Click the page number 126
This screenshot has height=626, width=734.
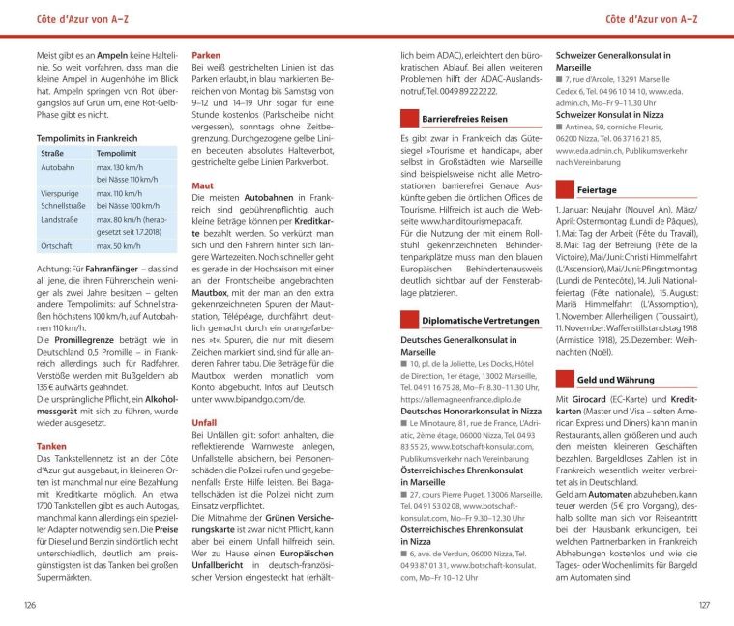click(30, 605)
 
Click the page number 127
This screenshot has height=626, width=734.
click(703, 605)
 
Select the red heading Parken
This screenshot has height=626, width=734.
click(210, 56)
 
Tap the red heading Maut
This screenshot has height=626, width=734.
click(203, 184)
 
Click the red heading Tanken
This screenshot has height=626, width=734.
click(51, 446)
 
